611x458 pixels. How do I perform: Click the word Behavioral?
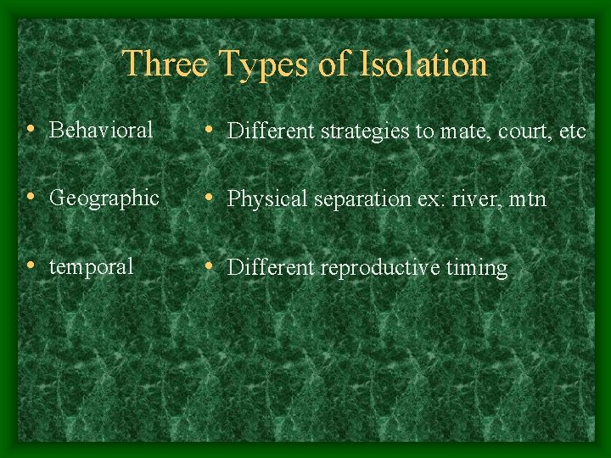point(101,130)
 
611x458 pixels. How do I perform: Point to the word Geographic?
point(104,198)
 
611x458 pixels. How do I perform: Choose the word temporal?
point(92,266)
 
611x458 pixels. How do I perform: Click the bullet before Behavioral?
point(31,130)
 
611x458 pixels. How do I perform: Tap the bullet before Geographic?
point(31,198)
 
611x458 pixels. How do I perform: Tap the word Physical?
point(261,199)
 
